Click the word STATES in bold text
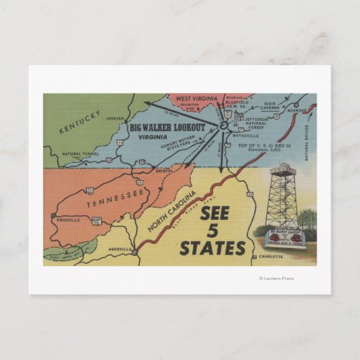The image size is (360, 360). pos(211,249)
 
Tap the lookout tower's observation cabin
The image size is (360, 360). pos(280,169)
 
